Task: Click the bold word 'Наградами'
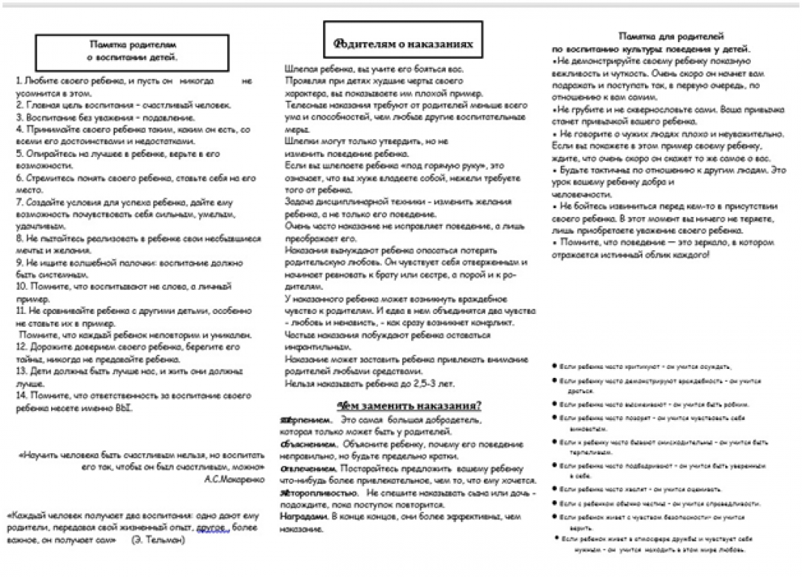click(x=301, y=516)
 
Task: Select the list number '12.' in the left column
click(x=21, y=347)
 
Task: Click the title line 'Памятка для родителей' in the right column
click(x=671, y=35)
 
